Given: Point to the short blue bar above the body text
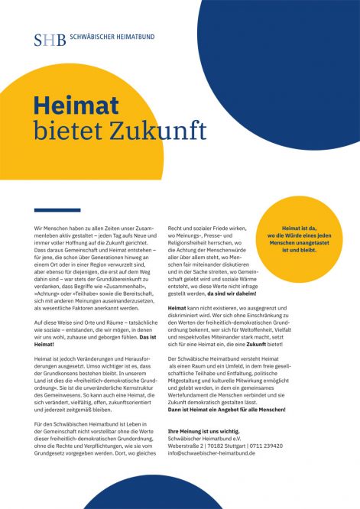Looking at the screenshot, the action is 57,210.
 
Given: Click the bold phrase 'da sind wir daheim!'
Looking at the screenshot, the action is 241,293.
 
